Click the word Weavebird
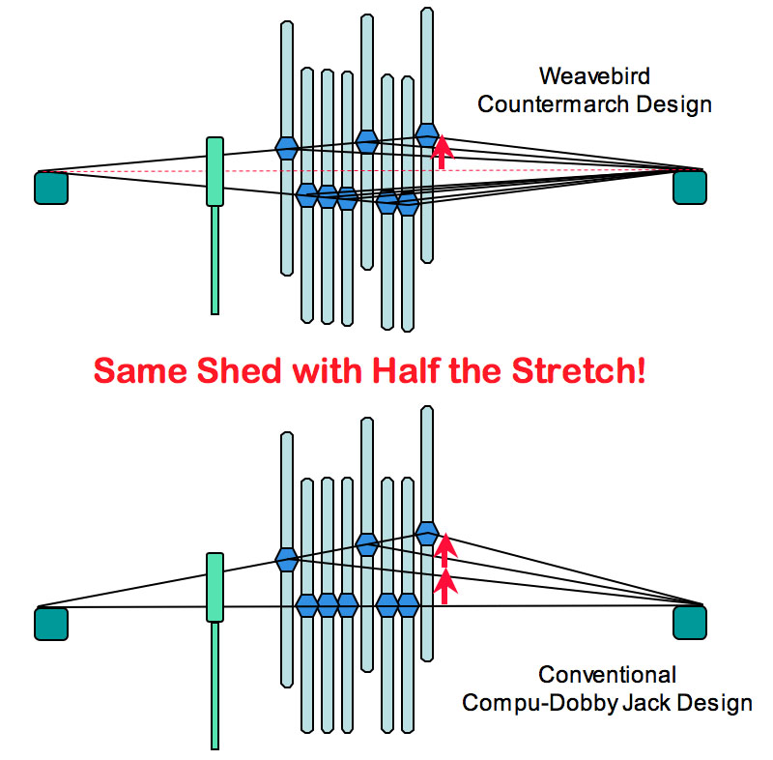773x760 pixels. [594, 76]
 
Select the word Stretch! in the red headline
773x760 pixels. [579, 371]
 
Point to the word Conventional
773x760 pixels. [607, 675]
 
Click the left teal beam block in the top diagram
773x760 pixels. [51, 188]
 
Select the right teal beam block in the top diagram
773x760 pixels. [690, 187]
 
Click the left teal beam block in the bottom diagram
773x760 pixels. [51, 624]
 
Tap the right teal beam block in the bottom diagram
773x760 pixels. [690, 623]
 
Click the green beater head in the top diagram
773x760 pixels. [215, 172]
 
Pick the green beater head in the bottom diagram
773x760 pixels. [215, 587]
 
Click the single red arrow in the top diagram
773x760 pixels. [442, 152]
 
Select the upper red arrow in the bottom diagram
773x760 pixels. [445, 550]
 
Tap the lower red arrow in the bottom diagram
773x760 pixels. [445, 586]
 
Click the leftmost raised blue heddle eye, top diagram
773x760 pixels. [287, 148]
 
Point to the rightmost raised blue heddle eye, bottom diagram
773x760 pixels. [427, 533]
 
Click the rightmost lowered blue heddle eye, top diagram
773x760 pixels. [408, 204]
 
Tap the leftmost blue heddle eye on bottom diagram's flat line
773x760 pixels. [307, 605]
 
